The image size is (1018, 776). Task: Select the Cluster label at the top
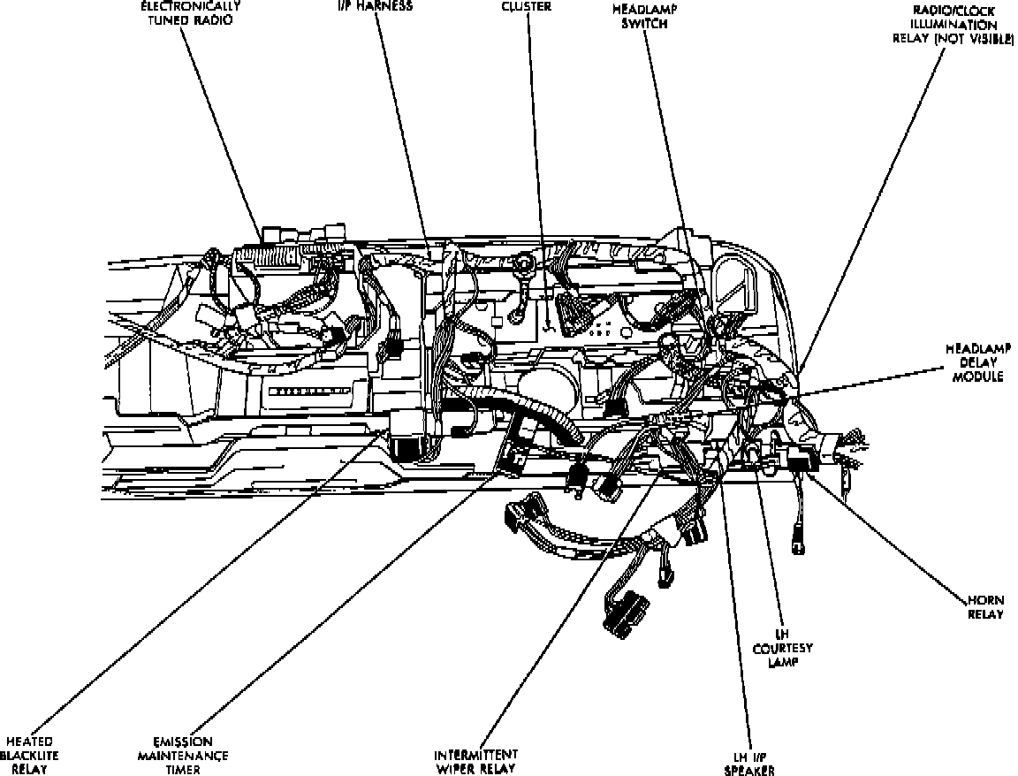[526, 6]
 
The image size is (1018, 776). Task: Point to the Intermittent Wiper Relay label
[475, 762]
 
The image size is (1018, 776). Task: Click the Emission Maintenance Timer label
[182, 755]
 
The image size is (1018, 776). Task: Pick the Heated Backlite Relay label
[29, 755]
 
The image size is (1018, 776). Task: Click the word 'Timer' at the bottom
[182, 769]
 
